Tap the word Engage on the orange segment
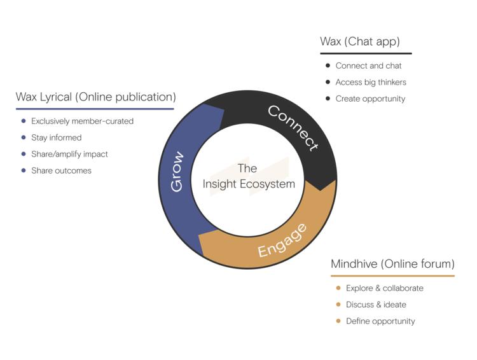(282, 241)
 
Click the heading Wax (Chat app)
(359, 42)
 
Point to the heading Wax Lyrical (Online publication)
(95, 97)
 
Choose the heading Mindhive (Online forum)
(392, 263)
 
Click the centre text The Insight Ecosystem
(249, 176)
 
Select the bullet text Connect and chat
(368, 66)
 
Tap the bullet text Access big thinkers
(371, 82)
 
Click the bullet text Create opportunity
(370, 99)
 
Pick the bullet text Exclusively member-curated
(82, 121)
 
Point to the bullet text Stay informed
(56, 137)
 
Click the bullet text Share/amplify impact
(69, 154)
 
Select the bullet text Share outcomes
(61, 170)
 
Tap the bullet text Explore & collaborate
(384, 288)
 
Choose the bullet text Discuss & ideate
(376, 305)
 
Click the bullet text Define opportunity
(380, 321)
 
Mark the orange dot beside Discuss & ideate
(338, 305)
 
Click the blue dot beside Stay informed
(24, 137)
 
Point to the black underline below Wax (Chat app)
(366, 53)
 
